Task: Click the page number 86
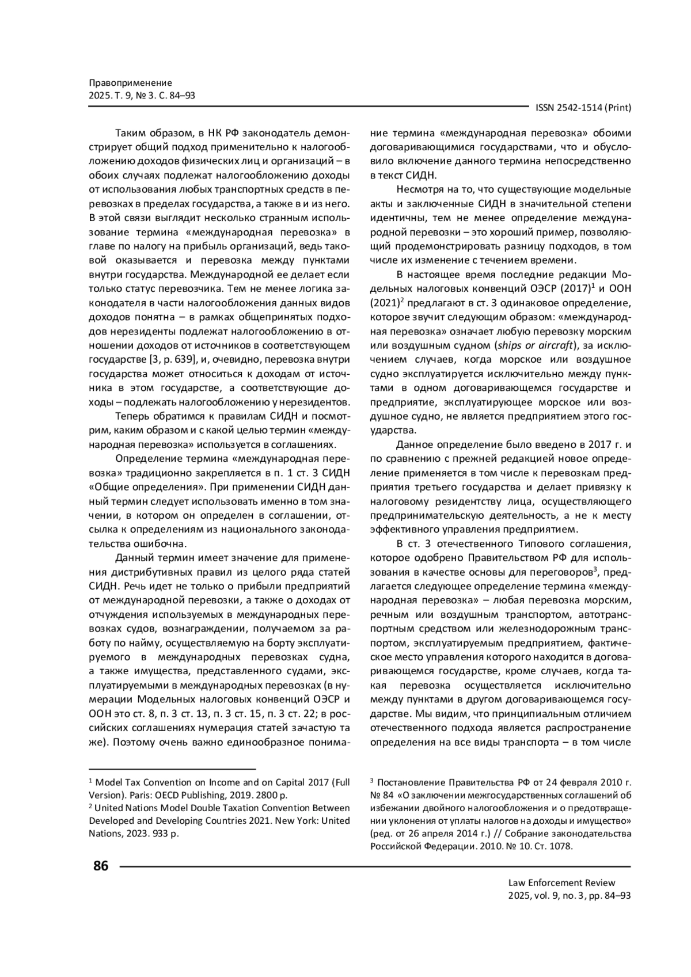coord(100,866)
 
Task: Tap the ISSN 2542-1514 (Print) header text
coord(583,108)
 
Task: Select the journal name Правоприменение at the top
coord(130,83)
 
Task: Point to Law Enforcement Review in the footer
coord(561,883)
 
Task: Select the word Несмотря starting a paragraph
coord(417,190)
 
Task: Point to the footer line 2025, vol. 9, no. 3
coord(553,896)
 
